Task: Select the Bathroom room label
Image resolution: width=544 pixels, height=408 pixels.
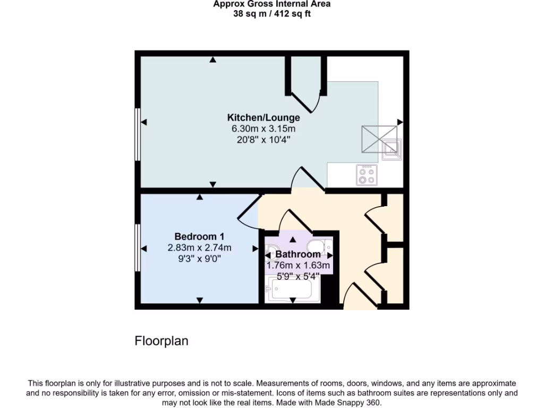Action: (298, 254)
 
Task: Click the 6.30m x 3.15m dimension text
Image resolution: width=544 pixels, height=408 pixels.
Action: (263, 129)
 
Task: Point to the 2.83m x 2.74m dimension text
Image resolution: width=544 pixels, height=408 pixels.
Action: (199, 248)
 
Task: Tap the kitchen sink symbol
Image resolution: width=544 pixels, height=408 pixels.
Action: (392, 148)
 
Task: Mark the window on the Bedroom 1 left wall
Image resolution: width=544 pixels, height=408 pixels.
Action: (138, 248)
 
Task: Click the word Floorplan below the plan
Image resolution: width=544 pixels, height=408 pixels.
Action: (161, 341)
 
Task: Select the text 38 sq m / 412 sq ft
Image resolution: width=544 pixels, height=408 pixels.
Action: (272, 14)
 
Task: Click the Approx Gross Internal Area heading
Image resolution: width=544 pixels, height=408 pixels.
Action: (272, 4)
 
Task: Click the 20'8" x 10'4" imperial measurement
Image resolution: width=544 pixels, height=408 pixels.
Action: (263, 140)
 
